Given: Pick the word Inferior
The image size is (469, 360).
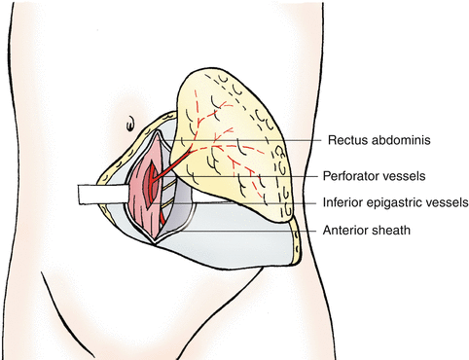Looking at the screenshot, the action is point(343,202).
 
